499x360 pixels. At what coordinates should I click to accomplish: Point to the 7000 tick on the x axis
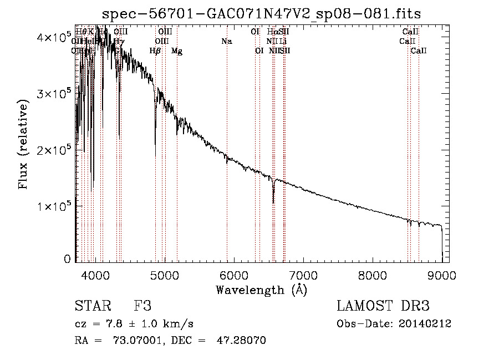(303, 275)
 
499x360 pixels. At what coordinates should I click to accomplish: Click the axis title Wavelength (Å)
(261, 290)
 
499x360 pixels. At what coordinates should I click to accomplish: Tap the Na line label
(226, 41)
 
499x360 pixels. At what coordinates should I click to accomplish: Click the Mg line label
(177, 51)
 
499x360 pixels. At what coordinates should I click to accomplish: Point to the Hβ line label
(155, 51)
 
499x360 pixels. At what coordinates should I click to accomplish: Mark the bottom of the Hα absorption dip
(273, 202)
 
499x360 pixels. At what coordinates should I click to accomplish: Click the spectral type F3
(142, 306)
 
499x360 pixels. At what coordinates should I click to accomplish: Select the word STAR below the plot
(92, 306)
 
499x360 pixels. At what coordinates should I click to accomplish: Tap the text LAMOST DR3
(383, 306)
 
